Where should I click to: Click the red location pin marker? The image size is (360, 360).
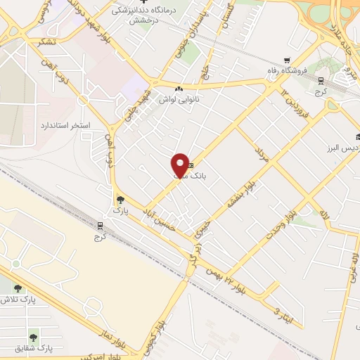pos(180,165)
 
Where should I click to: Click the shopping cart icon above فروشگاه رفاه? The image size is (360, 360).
pos(286,60)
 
